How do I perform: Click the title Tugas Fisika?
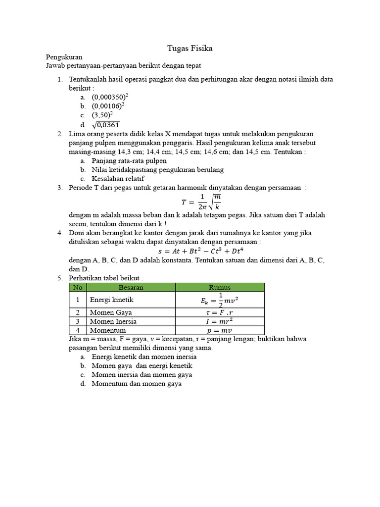(x=190, y=49)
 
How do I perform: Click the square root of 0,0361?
(x=105, y=125)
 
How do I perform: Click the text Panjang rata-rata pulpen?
(x=129, y=161)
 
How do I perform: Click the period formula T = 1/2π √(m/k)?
(x=200, y=201)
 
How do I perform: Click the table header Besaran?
(x=131, y=287)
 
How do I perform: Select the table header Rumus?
(x=220, y=287)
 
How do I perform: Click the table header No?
(x=77, y=287)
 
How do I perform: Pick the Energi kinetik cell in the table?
(x=111, y=300)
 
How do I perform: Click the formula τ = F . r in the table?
(x=220, y=312)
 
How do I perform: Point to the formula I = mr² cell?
(x=220, y=321)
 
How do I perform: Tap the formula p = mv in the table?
(x=220, y=330)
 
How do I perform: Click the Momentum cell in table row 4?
(x=107, y=330)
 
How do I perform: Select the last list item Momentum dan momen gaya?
(x=137, y=384)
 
